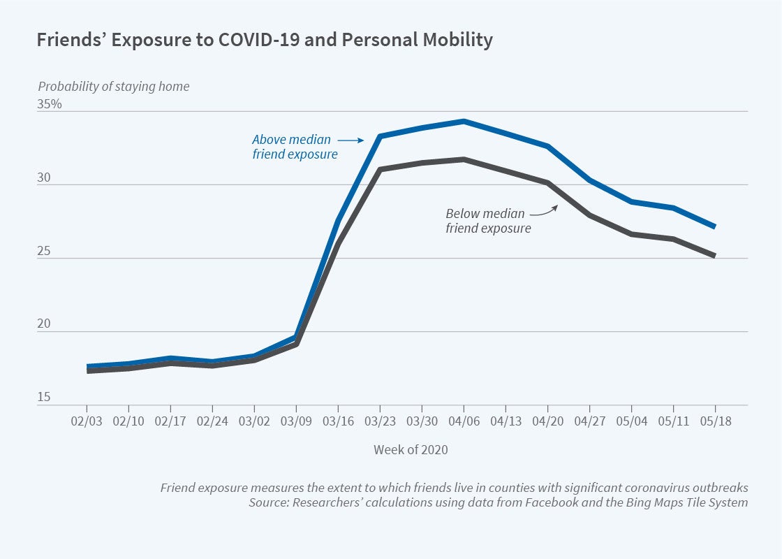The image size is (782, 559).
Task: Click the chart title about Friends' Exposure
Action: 265,41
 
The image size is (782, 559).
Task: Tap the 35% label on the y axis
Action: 50,104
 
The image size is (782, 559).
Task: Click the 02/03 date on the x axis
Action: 87,423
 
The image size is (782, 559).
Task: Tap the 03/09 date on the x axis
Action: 296,423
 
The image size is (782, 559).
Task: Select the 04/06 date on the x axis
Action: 464,423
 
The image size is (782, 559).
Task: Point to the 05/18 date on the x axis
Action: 715,423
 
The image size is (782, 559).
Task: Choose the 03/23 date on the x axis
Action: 380,423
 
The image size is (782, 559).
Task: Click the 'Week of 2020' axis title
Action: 411,450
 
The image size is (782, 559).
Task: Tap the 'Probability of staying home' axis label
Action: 113,87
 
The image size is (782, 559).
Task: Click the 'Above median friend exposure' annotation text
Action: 294,147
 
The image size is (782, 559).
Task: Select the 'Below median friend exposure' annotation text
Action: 488,221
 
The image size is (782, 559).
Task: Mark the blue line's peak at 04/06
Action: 464,121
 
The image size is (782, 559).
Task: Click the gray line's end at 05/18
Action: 715,256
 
